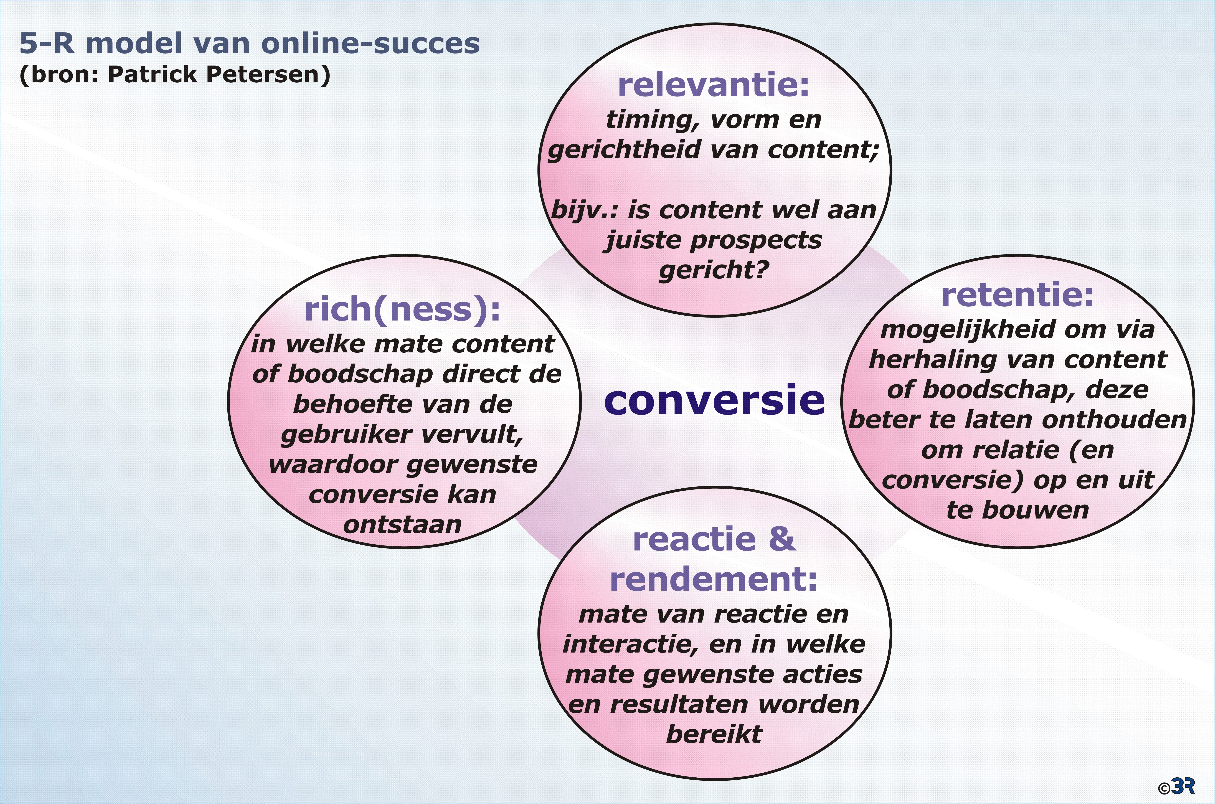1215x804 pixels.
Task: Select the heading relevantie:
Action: (714, 85)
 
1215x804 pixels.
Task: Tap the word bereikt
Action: (714, 734)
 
